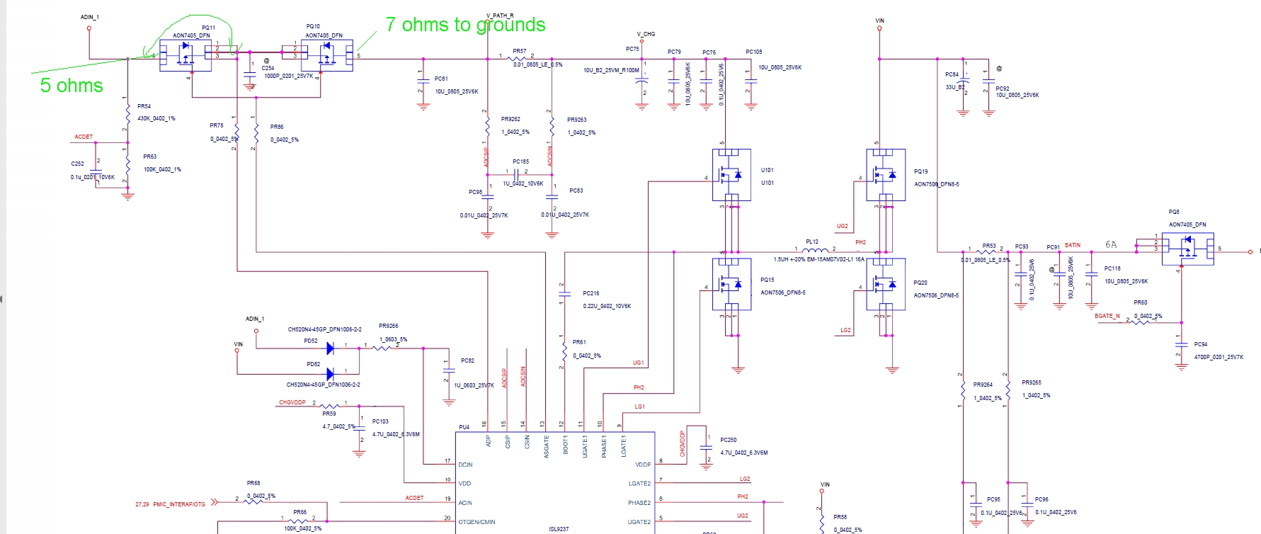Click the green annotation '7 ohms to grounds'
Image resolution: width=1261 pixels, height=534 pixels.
click(465, 25)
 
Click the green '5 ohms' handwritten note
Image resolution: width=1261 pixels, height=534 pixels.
click(72, 86)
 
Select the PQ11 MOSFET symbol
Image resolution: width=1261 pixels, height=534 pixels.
click(185, 55)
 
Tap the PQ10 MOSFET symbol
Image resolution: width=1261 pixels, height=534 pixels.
click(326, 55)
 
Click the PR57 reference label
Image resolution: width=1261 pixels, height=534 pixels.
click(520, 51)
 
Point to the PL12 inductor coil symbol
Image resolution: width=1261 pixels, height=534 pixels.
click(815, 250)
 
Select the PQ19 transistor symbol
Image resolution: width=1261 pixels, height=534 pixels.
click(886, 174)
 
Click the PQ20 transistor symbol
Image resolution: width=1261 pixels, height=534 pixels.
click(886, 284)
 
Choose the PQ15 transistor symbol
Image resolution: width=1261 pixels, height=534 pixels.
click(731, 284)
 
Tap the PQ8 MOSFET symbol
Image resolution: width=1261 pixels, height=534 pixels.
click(1187, 249)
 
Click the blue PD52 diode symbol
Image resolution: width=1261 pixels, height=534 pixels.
click(330, 348)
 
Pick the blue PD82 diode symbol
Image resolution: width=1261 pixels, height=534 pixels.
click(330, 373)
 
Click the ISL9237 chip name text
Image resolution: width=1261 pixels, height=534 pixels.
click(559, 529)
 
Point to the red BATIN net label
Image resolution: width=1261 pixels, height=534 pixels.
click(1073, 245)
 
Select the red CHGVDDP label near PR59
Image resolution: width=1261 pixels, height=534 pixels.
click(292, 402)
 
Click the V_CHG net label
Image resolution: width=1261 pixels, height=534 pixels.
click(646, 34)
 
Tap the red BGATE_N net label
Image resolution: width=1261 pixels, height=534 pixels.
click(1107, 316)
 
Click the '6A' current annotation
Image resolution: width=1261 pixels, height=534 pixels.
click(1111, 244)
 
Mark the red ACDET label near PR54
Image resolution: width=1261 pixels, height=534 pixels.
click(84, 137)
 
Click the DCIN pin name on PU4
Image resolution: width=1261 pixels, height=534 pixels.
click(465, 465)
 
